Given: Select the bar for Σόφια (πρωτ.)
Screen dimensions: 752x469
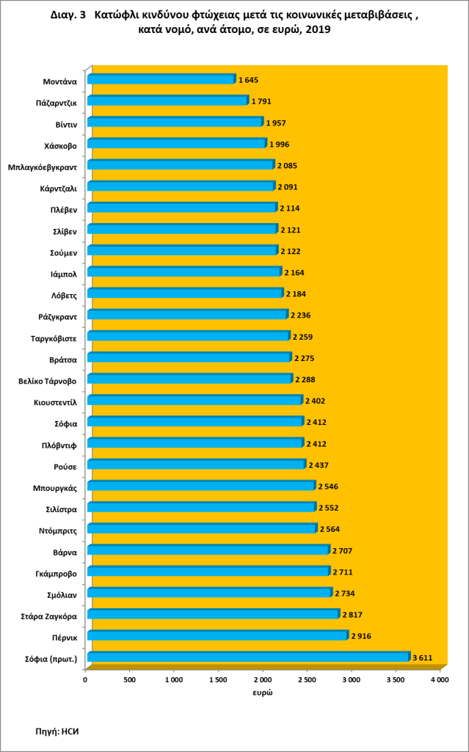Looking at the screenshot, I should click(x=248, y=657).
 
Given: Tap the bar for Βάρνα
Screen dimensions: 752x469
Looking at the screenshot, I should click(x=208, y=550).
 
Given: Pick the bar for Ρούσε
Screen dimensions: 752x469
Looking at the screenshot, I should click(x=196, y=465).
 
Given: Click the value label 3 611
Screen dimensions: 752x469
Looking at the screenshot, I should click(x=421, y=657).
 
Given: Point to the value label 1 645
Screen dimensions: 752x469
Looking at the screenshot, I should click(x=248, y=80).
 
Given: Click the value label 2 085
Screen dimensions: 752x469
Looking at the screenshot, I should click(x=287, y=165).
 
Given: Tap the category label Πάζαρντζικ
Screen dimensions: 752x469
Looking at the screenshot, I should click(x=57, y=102).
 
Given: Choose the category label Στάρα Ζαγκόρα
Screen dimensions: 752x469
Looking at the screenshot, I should click(x=50, y=614).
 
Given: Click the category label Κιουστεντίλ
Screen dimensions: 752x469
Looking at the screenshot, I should click(x=55, y=401).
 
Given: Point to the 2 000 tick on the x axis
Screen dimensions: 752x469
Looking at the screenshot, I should click(x=262, y=680).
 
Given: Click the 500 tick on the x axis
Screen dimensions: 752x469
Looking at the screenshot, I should click(x=129, y=680).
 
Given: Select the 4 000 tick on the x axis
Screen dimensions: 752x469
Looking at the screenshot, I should click(x=439, y=680).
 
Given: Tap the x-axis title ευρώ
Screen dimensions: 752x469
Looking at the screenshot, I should click(x=263, y=693).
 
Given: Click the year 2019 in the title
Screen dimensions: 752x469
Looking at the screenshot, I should click(x=315, y=30).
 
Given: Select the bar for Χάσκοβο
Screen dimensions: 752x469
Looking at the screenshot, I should click(x=177, y=144).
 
